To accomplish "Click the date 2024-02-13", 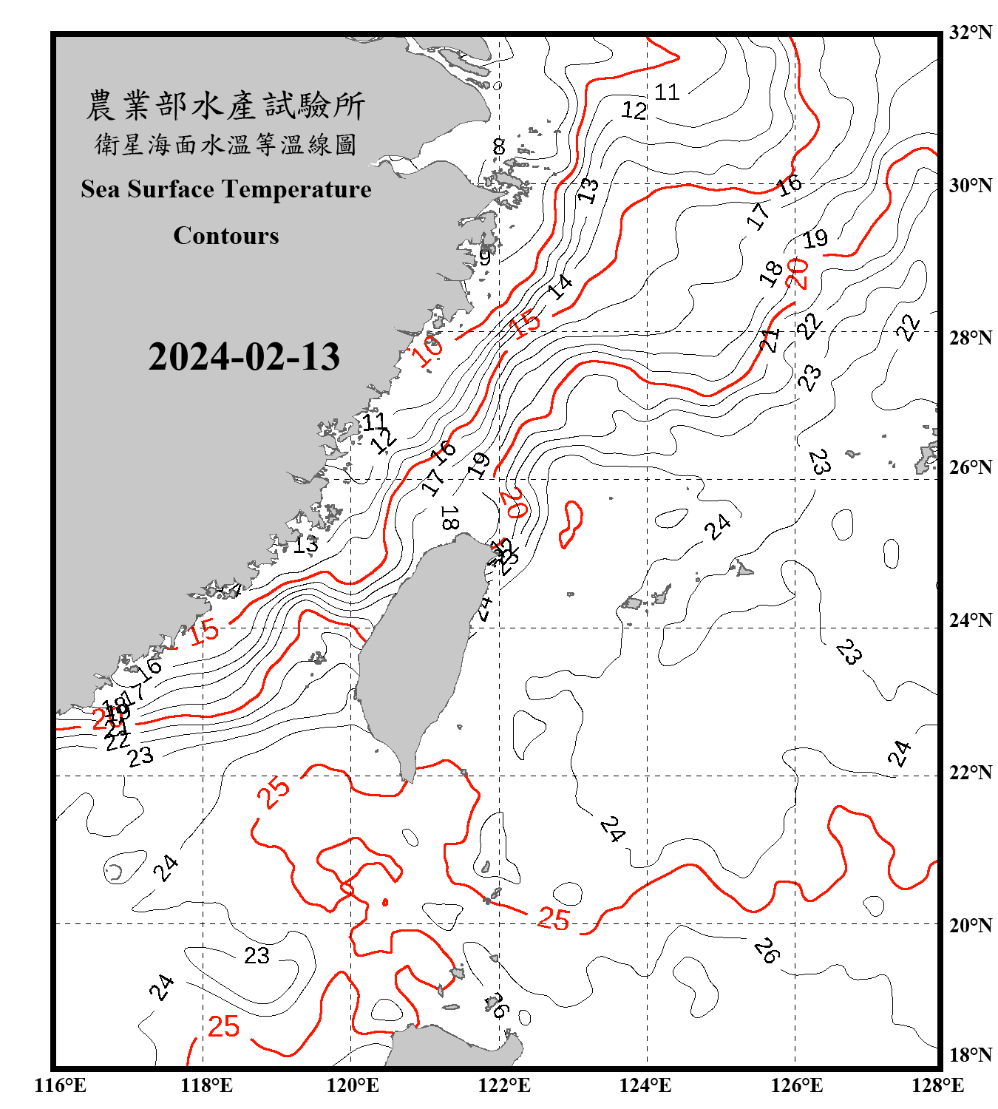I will coord(244,357).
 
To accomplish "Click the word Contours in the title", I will coord(226,236).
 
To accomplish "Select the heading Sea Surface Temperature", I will coord(226,189).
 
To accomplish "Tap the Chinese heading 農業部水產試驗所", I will coord(225,106).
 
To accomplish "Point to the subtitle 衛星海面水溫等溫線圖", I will coord(225,144).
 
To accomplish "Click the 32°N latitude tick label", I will coord(970,33).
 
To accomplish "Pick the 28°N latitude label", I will coord(970,338).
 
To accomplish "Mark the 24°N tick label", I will coord(970,620).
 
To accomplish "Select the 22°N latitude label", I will coord(970,773).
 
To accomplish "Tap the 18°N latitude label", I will coord(970,1055).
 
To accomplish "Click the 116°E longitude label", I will coord(61,1085).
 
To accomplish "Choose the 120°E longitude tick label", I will coord(353,1085).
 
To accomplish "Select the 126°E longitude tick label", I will coord(797,1085).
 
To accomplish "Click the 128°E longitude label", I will coord(937,1085).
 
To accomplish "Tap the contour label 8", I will coord(499,146).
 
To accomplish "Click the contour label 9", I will coord(485,257).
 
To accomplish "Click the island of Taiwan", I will coord(414,651).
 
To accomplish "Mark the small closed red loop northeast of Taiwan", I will coord(571,524).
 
